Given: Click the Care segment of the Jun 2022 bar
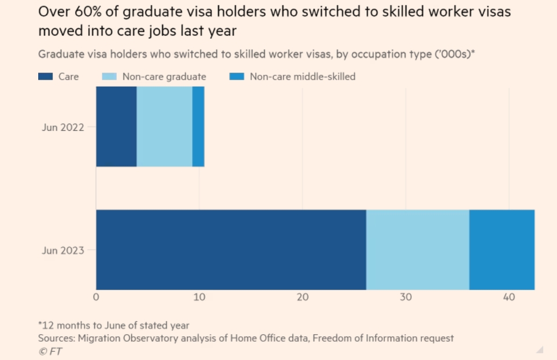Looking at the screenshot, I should (116, 126).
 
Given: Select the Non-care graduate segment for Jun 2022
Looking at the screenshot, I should (164, 126).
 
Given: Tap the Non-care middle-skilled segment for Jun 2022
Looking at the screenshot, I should (198, 126).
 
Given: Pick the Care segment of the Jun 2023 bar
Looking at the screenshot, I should (231, 250).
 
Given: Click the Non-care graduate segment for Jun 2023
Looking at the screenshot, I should (418, 250).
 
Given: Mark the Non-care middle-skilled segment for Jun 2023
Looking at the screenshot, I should (502, 250).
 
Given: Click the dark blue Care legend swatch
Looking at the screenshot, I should (45, 76).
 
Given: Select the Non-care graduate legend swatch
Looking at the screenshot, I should (109, 76).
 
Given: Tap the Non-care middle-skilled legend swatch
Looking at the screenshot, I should (237, 76).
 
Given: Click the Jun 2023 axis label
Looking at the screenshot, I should (62, 250).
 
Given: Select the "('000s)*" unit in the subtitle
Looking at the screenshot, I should (455, 54).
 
